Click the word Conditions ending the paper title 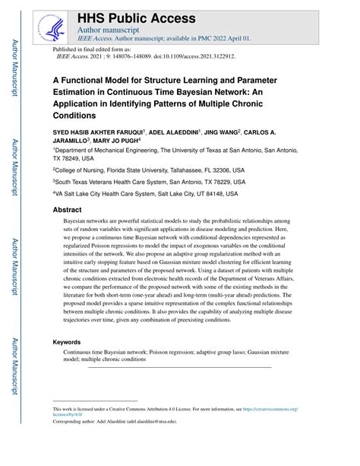74,116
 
